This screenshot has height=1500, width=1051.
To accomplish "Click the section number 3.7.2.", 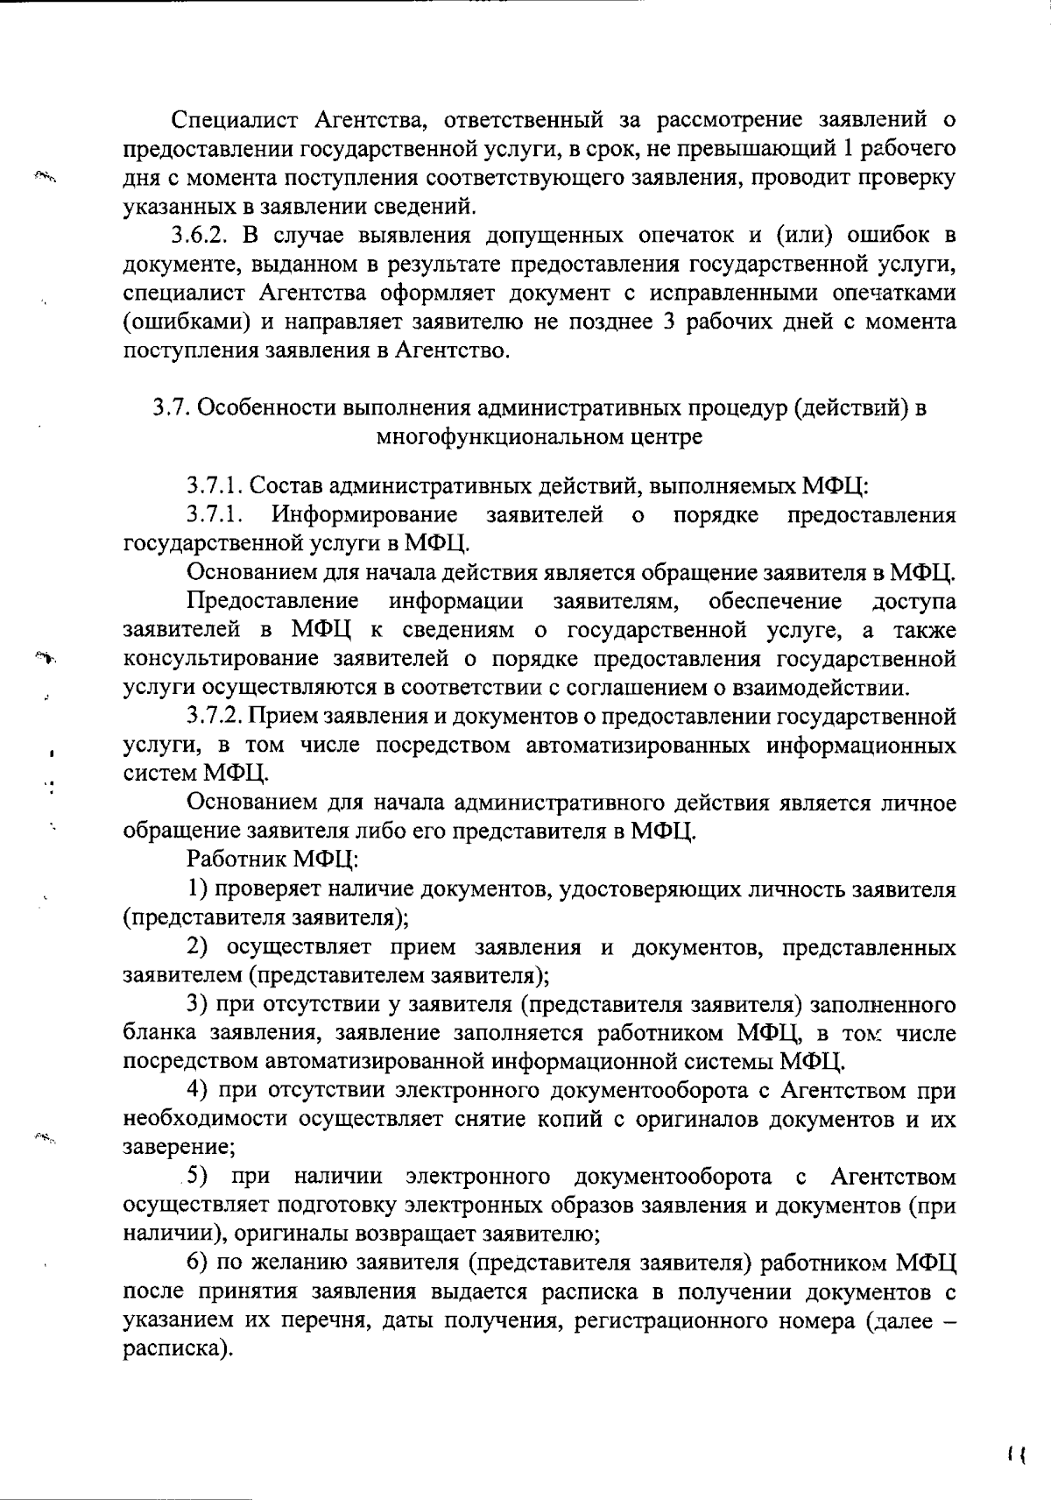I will coord(215,717).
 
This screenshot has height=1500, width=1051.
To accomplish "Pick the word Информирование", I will coord(365,514).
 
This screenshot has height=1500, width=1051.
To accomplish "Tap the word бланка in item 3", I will coord(158,1033).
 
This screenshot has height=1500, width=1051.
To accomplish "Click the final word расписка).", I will coord(178,1349).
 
